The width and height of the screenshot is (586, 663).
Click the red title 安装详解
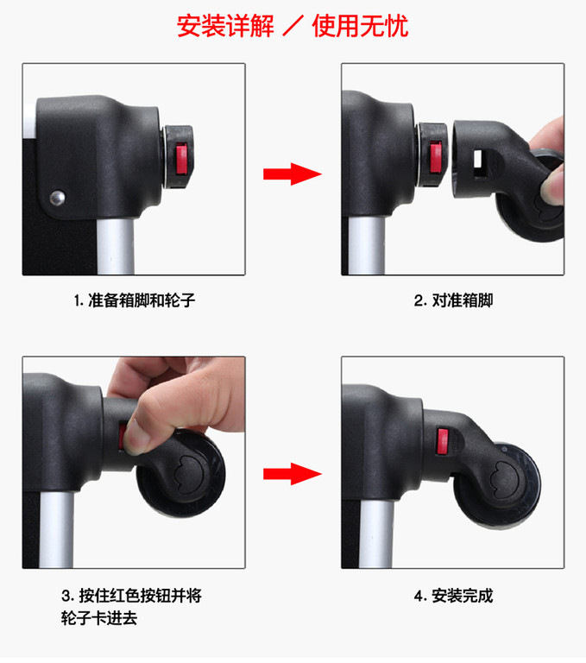225,26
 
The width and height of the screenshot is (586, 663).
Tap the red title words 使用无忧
360,26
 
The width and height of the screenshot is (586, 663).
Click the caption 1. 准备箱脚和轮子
135,300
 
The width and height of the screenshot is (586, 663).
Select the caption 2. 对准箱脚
453,300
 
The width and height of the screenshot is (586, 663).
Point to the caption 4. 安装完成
453,596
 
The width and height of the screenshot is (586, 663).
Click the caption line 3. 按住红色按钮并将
131,596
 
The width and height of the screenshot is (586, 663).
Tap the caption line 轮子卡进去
99,618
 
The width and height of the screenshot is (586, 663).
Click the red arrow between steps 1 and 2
293,174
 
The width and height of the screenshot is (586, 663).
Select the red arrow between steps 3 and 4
293,474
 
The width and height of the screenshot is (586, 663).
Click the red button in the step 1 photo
182,159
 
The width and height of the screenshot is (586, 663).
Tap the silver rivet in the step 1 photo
57,198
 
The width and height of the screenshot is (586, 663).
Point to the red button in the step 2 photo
436,157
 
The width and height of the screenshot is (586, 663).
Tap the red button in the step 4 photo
443,441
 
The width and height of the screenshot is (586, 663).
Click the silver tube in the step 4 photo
376,534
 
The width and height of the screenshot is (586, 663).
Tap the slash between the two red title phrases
293,26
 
